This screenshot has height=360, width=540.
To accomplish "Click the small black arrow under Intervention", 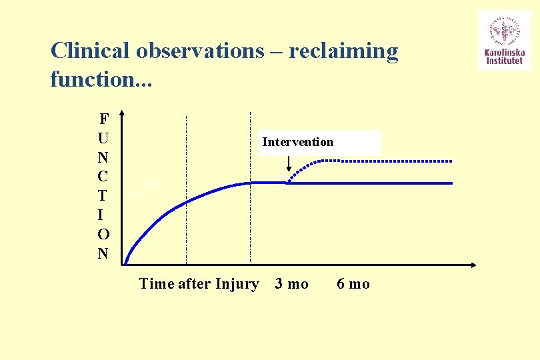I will pos(289,164).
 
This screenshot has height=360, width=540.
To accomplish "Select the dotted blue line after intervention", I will pos(387,161).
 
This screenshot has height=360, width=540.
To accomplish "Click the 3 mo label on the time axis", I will pos(292,284).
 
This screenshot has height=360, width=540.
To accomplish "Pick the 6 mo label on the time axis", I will pos(353,284).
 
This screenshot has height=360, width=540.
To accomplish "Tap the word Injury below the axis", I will pos(237,284).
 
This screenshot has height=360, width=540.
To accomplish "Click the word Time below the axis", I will pos(156,284).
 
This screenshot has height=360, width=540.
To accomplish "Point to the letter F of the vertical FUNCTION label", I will pos(103,120).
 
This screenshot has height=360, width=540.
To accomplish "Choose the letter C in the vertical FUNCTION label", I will pos(103,177).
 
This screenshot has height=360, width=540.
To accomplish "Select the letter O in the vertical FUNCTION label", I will pos(103,235).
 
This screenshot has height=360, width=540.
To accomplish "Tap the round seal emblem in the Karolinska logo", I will pos(504,31).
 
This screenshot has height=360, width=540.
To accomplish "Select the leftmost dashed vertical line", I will pos(186,190).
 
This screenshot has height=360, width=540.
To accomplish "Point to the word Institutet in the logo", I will pos(504,63).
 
